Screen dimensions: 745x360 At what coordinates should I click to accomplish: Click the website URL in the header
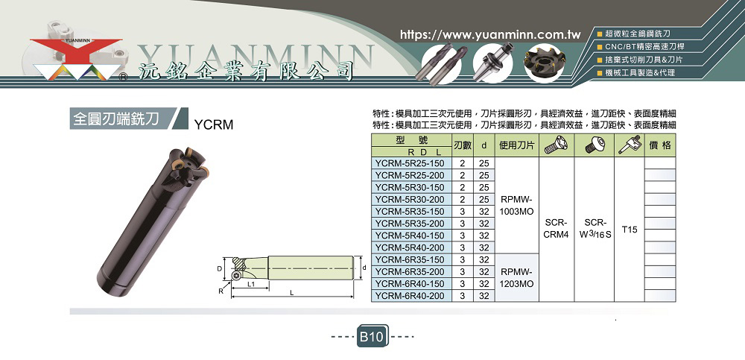(491, 35)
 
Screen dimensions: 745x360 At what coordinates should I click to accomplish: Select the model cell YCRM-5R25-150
(410, 163)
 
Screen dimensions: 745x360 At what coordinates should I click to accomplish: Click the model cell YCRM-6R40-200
(410, 296)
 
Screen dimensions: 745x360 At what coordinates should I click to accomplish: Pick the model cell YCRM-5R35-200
(410, 224)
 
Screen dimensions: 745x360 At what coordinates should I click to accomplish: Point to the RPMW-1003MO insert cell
(517, 206)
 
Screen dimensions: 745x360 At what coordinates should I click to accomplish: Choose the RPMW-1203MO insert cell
(517, 278)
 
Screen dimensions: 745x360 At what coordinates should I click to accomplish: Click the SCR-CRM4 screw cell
(557, 230)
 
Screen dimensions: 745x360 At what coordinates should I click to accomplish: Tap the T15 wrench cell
(629, 230)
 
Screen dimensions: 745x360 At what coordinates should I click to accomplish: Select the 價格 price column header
(660, 145)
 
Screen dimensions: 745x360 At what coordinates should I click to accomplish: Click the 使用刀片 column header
(517, 145)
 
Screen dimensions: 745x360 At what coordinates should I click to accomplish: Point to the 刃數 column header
(463, 145)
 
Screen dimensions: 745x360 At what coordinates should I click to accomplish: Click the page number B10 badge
(372, 337)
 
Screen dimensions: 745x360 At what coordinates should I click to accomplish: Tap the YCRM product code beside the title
(214, 124)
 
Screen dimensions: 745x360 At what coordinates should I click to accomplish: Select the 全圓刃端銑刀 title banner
(117, 119)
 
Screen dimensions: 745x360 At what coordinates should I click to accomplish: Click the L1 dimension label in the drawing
(252, 285)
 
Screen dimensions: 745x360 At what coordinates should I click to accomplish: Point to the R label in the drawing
(221, 291)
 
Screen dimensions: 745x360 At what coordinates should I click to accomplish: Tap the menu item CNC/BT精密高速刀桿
(641, 47)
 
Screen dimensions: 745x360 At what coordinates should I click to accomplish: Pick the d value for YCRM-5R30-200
(484, 199)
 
